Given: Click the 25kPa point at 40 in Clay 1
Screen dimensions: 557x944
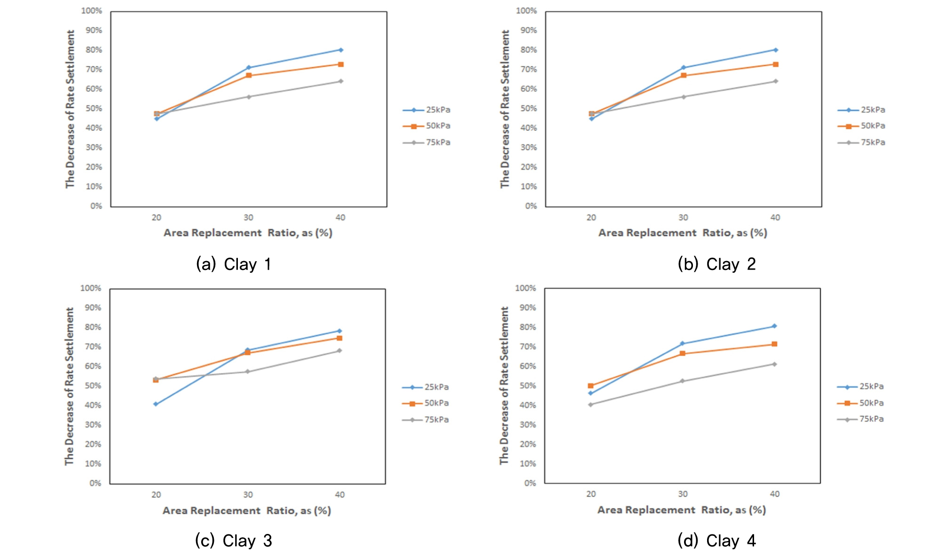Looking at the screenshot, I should pos(341,50).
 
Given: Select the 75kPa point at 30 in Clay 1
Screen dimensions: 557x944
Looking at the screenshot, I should pos(249,97).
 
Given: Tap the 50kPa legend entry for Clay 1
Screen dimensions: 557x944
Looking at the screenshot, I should pos(427,126).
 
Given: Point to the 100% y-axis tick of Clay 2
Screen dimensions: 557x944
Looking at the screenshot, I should pos(526,10).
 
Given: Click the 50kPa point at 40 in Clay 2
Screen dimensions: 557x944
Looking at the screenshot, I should pos(776,64).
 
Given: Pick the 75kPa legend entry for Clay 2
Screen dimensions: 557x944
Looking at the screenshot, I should pos(862,143).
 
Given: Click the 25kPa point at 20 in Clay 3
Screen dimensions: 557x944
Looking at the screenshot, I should pos(156,404).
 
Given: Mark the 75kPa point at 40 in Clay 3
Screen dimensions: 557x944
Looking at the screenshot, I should pos(339,350).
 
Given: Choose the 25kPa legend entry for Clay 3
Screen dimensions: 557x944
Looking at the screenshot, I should pos(425,387).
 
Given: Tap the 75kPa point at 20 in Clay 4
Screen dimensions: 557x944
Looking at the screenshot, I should pos(590,405).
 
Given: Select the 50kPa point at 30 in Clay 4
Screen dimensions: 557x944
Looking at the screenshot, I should pos(683,353).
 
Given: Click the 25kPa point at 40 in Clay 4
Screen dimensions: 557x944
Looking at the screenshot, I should pos(774,326).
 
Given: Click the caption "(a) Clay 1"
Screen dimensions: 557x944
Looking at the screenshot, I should pos(234,264).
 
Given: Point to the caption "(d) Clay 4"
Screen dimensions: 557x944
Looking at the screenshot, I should pos(716,541).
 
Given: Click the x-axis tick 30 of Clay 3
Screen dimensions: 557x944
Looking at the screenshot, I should pos(248,495).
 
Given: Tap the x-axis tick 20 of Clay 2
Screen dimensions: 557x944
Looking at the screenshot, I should pos(591,218).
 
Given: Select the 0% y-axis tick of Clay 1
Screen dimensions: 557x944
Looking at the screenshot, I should pos(96,206).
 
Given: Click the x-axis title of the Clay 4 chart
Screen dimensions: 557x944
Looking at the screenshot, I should pos(682,510).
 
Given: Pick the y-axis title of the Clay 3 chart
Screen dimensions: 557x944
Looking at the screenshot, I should pos(70,386).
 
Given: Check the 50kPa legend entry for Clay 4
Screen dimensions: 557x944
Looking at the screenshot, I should pos(860,403).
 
